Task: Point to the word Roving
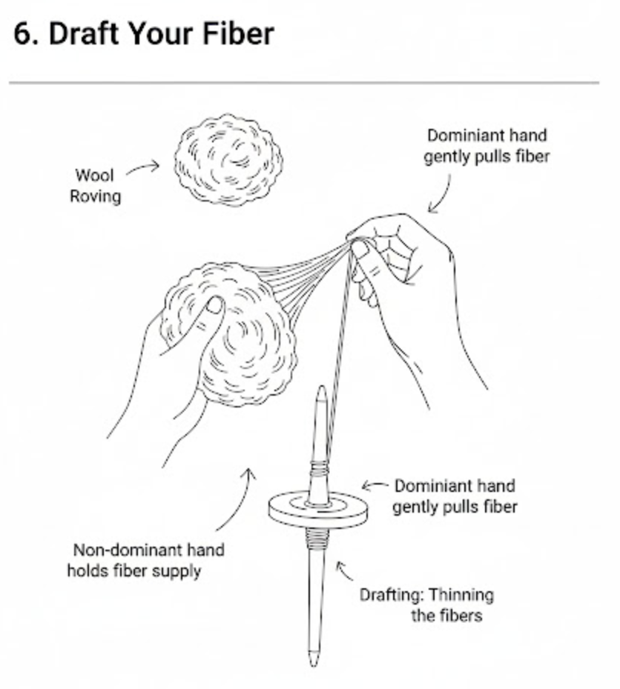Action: click(95, 196)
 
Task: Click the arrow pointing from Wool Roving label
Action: click(142, 169)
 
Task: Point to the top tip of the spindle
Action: click(321, 390)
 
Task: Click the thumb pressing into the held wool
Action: click(214, 306)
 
